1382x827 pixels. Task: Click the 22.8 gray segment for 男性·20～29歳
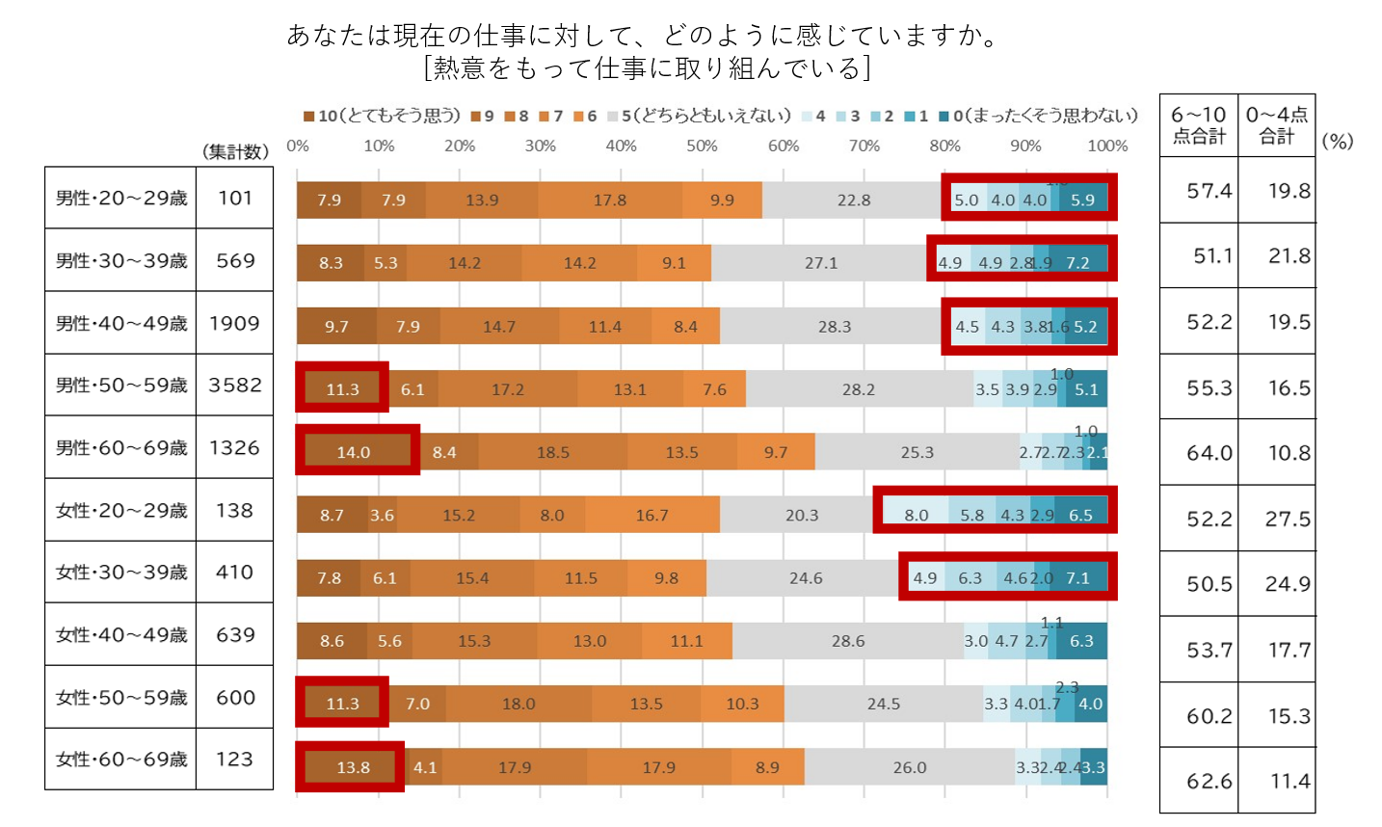(853, 200)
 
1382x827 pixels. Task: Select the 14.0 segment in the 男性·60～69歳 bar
(353, 452)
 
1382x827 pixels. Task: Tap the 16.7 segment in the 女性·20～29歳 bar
(651, 515)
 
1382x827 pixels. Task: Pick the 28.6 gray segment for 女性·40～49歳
(848, 641)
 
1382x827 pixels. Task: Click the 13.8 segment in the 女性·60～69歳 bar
(353, 767)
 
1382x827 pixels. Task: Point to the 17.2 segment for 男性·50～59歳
(508, 389)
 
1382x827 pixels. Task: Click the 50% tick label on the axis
(702, 146)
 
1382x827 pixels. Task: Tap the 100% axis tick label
(1107, 146)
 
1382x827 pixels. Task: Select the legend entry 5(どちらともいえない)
(699, 116)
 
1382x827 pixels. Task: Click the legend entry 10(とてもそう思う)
(382, 116)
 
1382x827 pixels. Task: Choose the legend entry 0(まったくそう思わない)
(1039, 116)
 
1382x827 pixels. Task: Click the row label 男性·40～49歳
(120, 323)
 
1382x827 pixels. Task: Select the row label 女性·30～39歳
(120, 573)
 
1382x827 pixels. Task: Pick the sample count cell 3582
(235, 386)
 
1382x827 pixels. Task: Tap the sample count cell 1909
(235, 323)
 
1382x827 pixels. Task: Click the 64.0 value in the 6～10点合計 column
(1209, 453)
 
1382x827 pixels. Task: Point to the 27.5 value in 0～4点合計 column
(1288, 520)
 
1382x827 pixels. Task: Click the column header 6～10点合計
(1199, 125)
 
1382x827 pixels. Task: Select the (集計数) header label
(235, 151)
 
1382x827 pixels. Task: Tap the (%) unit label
(1338, 141)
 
